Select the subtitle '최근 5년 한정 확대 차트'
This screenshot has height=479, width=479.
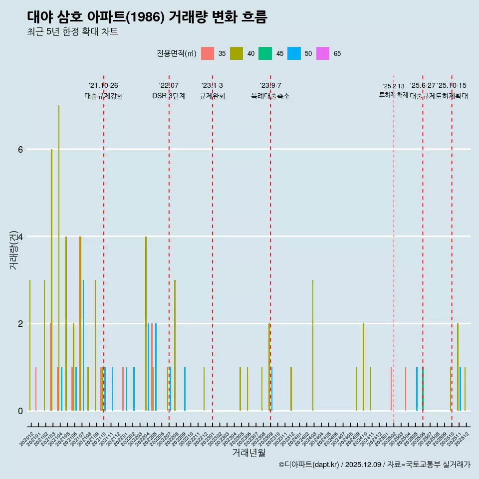coord(72,32)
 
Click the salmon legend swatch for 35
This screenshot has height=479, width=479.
coord(208,53)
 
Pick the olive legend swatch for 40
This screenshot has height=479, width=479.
coord(236,53)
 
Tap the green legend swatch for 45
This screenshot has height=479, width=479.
coord(265,53)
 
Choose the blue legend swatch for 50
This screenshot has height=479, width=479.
coord(294,53)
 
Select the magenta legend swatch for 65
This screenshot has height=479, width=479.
coord(322,53)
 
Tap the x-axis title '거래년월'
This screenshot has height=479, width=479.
coord(248,453)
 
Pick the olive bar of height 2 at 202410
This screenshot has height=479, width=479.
coord(363,367)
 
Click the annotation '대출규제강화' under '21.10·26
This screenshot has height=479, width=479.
coord(103,96)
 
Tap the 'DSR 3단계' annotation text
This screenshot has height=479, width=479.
coord(169,96)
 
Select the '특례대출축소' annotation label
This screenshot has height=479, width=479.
coord(270,96)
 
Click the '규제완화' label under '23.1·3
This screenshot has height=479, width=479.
coord(212,96)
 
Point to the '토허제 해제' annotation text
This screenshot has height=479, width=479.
coord(393,94)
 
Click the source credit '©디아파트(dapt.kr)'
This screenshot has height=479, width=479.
coord(309,465)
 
